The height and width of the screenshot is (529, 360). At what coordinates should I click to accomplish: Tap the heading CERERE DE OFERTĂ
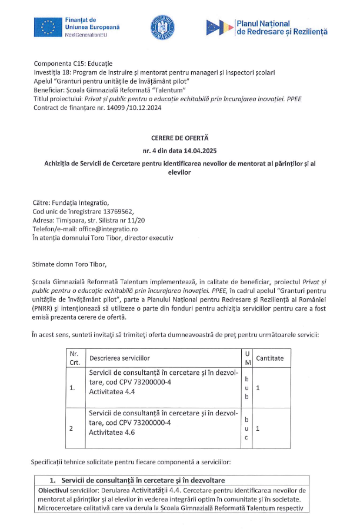click(179, 138)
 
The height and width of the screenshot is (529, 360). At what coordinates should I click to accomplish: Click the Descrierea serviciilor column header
click(119, 358)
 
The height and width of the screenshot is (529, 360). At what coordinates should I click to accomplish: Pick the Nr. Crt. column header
click(75, 358)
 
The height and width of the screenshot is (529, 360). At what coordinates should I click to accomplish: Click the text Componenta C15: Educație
click(73, 64)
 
